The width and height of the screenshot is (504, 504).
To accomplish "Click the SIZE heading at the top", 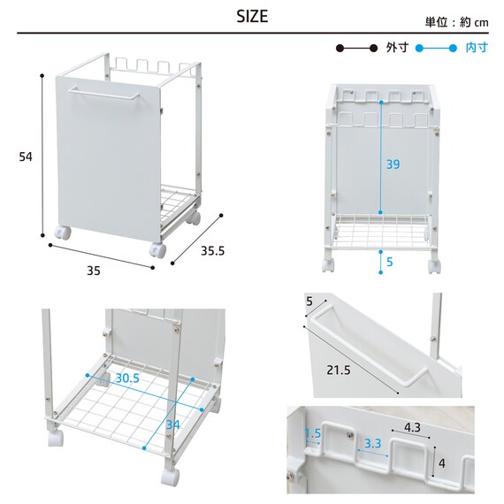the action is (x=252, y=17).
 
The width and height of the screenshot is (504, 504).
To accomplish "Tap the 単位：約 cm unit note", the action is (x=456, y=22).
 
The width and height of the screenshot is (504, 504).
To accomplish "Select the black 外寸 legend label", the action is (x=397, y=48).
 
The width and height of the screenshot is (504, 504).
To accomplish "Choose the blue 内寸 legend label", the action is (x=477, y=48).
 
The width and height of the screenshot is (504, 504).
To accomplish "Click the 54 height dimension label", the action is (x=26, y=157).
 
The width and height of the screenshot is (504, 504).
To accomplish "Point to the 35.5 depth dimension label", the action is (x=212, y=251).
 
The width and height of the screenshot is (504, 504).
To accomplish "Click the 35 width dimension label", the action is (x=94, y=271).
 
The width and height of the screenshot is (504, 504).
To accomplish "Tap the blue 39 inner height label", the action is (x=393, y=164).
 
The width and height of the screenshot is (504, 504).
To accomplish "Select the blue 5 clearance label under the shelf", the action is (x=390, y=262).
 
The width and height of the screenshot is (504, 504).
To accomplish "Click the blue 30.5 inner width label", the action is (x=127, y=378).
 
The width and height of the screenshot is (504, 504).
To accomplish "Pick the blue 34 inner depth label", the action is (x=172, y=425).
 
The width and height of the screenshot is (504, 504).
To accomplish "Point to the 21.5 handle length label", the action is (x=339, y=370).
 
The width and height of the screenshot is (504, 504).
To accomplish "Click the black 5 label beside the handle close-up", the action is (x=309, y=302).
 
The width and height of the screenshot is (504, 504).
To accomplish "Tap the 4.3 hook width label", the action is (x=412, y=427).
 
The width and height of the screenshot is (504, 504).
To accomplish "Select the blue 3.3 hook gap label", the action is (x=372, y=444).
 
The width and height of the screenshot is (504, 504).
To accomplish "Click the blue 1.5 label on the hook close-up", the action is (x=313, y=433).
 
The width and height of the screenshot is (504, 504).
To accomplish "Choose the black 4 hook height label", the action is (x=442, y=463).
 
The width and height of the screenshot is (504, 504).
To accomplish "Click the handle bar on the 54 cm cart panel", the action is (x=103, y=93).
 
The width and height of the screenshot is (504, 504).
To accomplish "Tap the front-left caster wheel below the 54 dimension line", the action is (x=63, y=233).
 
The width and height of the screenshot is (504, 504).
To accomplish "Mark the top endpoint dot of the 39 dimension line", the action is (x=381, y=103).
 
